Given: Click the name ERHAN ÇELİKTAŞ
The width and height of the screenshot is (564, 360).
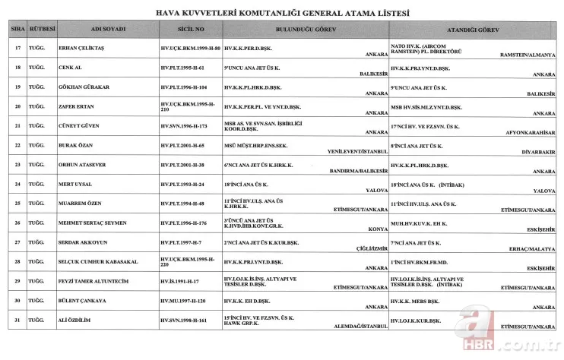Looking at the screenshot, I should point(83,48).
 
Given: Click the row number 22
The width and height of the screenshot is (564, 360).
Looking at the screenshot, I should point(17,144).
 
